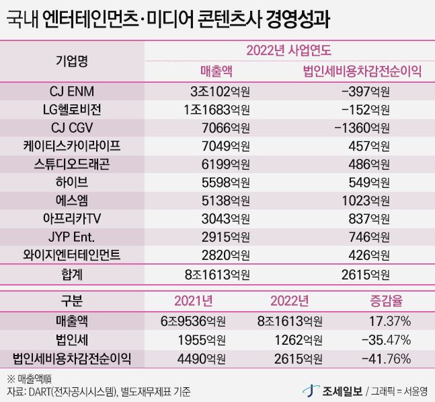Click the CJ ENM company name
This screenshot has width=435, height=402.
click(71, 90)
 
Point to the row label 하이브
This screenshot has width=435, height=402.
click(71, 182)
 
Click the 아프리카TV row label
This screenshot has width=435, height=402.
click(71, 218)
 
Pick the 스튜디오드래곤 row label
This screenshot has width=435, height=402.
click(71, 164)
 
